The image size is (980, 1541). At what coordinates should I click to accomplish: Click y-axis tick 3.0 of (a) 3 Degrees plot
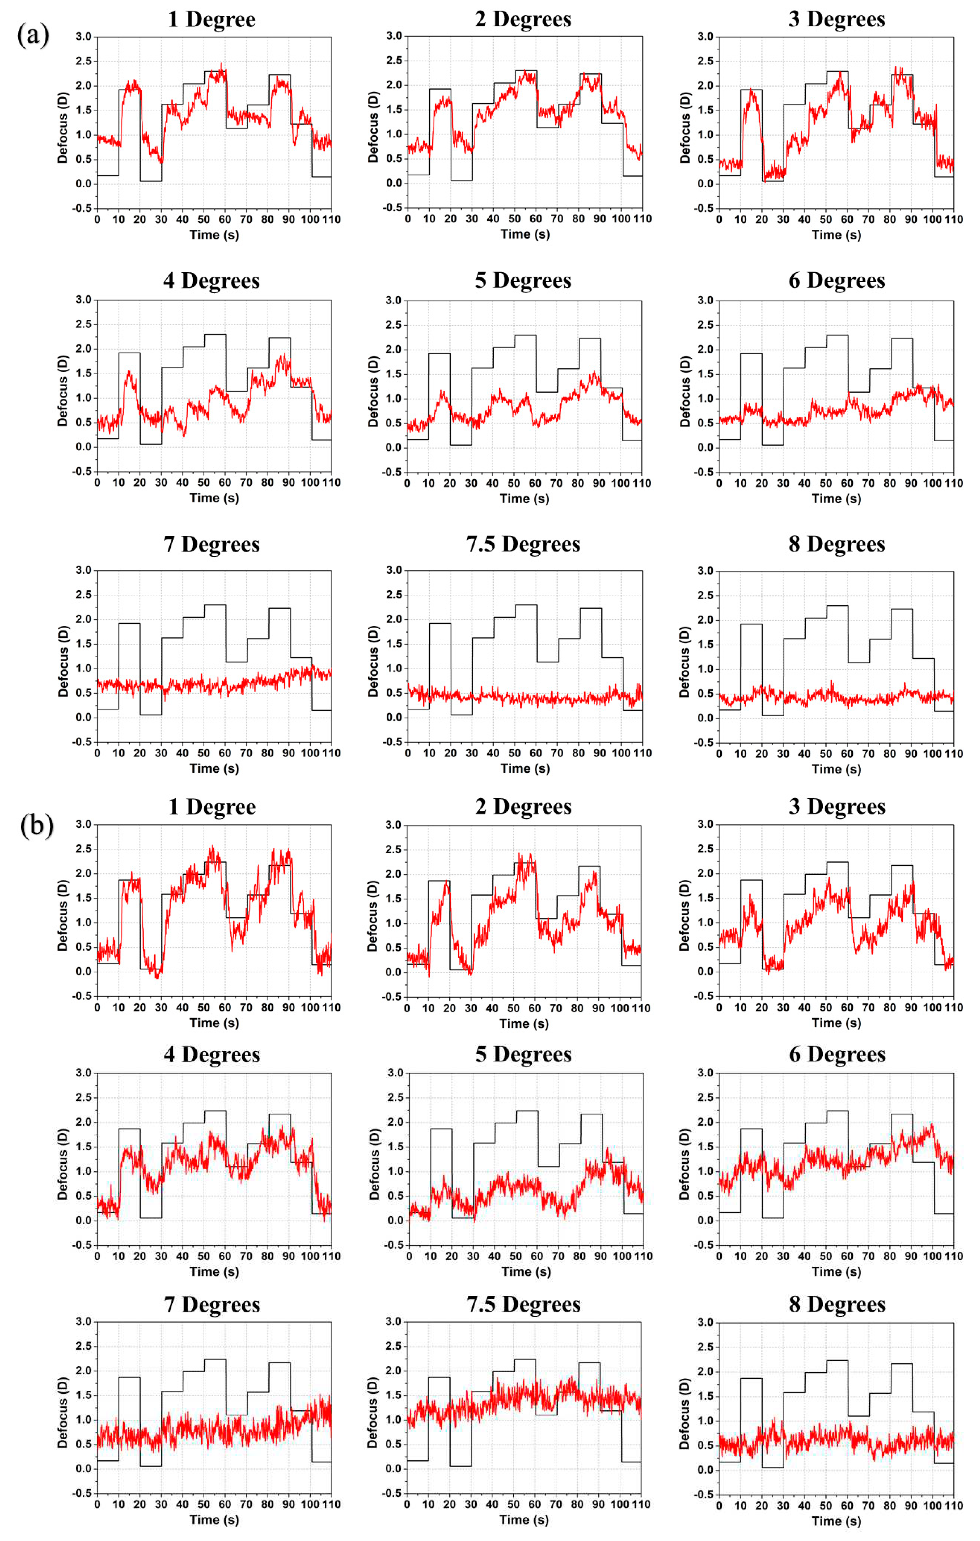[705, 37]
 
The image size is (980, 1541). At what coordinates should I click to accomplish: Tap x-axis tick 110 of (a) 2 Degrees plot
[642, 219]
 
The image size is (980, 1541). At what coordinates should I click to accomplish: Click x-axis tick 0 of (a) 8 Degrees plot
[719, 754]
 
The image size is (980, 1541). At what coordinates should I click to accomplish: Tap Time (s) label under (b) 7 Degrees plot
[214, 1519]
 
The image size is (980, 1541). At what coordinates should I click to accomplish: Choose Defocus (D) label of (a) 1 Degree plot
[62, 127]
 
